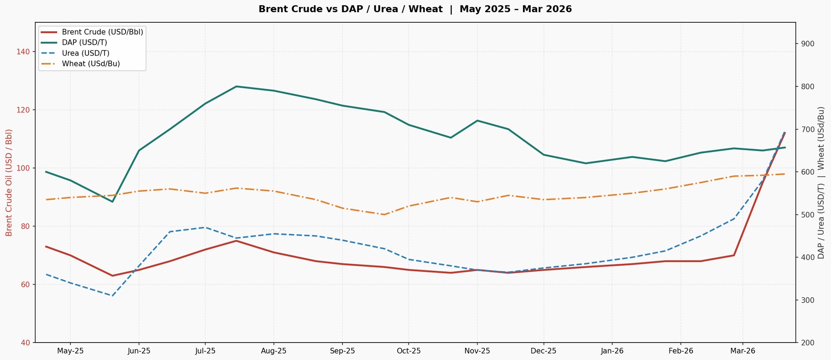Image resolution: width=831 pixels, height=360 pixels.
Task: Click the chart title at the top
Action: point(415,9)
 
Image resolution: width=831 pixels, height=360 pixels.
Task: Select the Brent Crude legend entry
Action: point(102,32)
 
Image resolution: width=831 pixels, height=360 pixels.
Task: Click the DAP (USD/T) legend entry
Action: point(84,43)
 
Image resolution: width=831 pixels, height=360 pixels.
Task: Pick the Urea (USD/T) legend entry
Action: point(85,53)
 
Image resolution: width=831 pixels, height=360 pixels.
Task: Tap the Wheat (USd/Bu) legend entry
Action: point(90,64)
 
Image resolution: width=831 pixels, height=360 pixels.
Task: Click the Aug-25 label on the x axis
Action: point(273,351)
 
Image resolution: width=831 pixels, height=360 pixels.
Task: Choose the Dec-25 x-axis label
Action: point(543,351)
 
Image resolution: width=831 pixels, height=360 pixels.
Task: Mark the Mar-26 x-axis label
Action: point(743,351)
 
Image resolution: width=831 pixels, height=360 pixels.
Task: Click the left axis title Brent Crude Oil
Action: point(9,182)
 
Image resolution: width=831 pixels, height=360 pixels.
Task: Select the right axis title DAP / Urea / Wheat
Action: point(821,183)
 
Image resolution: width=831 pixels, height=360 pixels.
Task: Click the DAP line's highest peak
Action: point(236,86)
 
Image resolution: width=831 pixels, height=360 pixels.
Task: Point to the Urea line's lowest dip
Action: point(112,296)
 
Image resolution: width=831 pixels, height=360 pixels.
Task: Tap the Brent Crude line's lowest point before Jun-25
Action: point(112,276)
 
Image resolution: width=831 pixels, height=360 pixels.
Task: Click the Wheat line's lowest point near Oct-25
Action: point(384,214)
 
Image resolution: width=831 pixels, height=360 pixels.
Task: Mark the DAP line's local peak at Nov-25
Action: point(477,121)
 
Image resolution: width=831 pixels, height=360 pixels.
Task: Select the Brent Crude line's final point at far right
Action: point(785,133)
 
